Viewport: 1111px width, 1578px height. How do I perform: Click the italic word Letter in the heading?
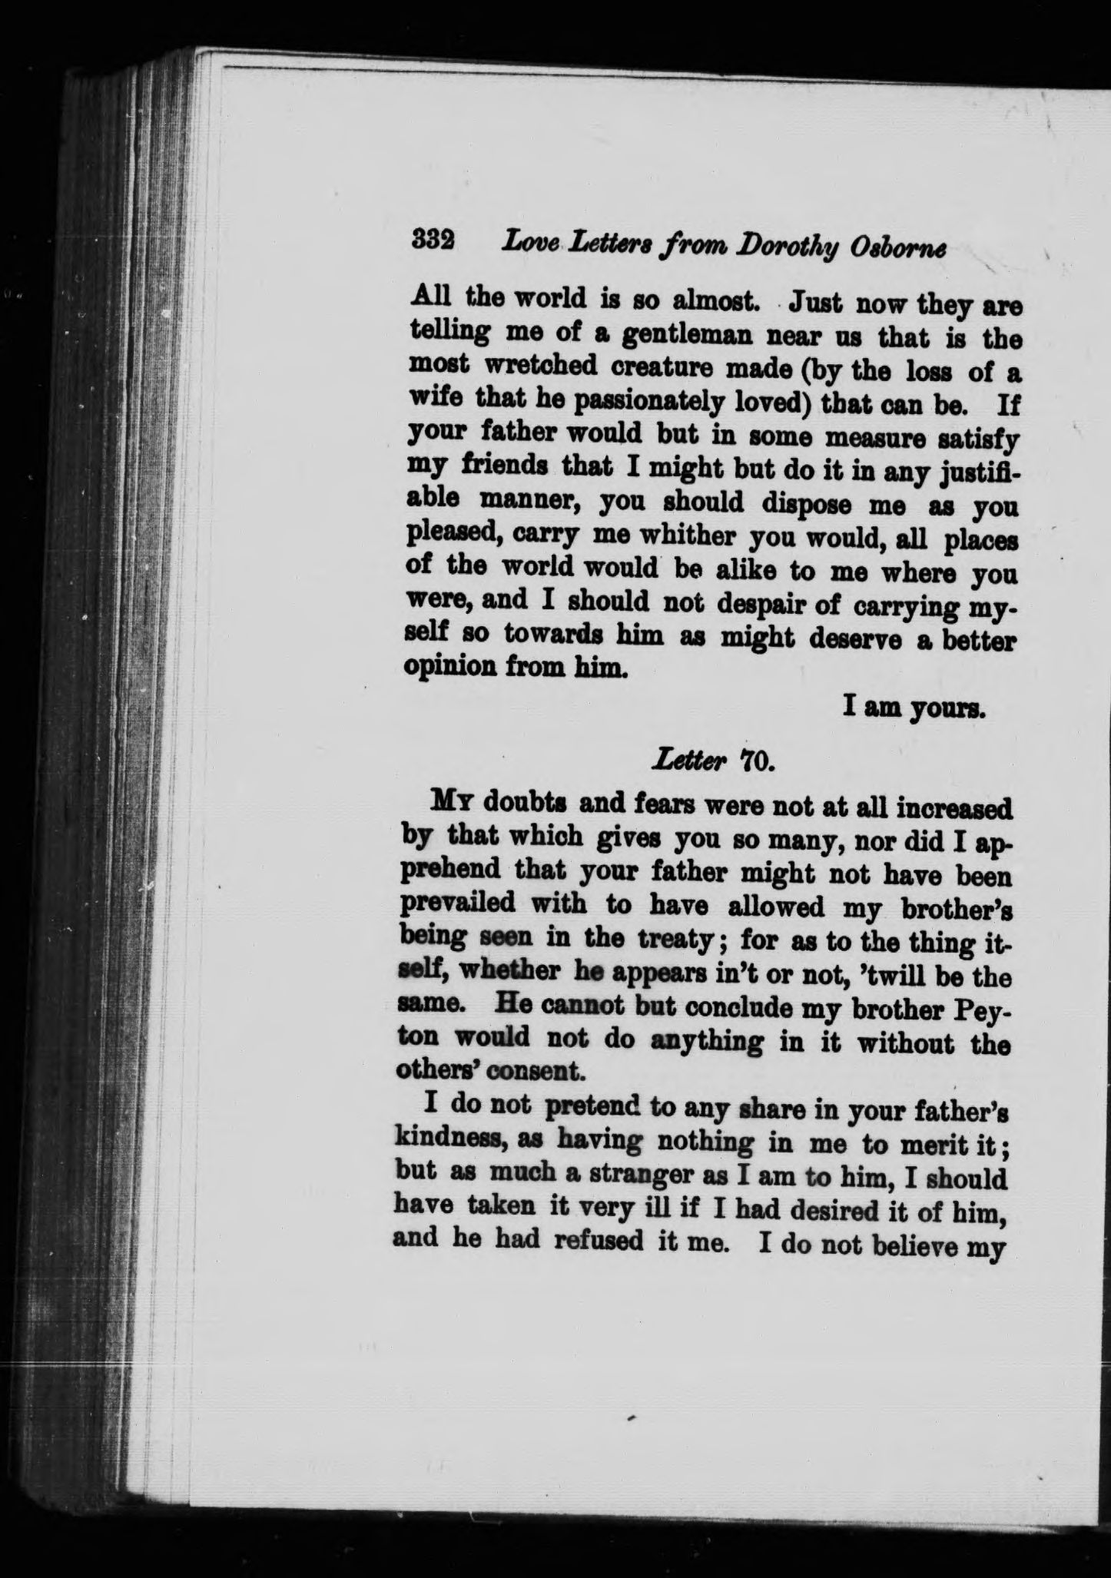pyautogui.click(x=688, y=762)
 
